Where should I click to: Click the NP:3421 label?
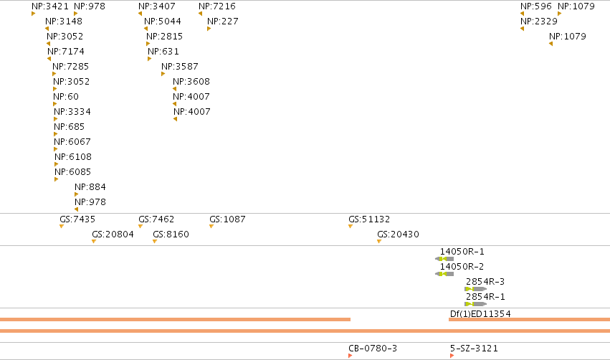coord(50,6)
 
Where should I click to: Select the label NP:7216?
coord(217,6)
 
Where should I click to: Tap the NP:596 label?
coord(536,6)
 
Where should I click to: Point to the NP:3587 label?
coord(180,67)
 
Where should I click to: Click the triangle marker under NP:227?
coord(209,29)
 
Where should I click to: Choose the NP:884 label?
coord(90,186)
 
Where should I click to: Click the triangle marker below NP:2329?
coord(522,29)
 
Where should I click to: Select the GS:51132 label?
coord(369,219)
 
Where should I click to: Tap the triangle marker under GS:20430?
coord(379,242)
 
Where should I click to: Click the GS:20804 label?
coord(113,235)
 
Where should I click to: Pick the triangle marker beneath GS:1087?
coord(211,227)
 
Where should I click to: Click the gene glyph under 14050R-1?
coord(444,259)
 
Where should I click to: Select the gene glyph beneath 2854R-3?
coord(475,289)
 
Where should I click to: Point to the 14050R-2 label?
coord(462,267)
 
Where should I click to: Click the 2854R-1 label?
coord(485,297)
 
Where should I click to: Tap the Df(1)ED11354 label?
coord(480,313)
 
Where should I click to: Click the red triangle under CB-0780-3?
coord(350,356)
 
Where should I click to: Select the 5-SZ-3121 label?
coord(475,349)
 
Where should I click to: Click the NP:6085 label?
coord(72,172)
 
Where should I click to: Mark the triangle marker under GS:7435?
coord(62,227)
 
